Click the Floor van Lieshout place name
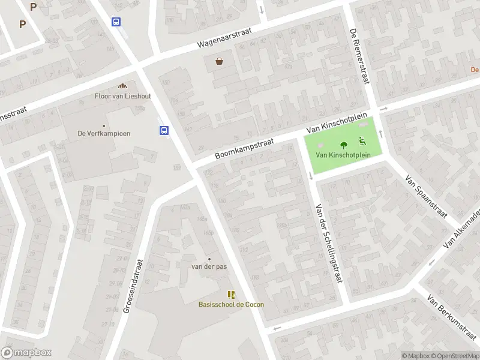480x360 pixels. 123,96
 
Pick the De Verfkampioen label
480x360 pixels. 104,133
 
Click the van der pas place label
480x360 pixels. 209,266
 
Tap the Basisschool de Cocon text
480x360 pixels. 231,304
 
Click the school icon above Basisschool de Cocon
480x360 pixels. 231,294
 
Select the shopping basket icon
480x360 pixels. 220,61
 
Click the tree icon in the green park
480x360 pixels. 344,145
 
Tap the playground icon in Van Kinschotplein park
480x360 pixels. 362,142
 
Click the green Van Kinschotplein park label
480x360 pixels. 343,155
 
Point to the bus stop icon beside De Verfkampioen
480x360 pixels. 163,130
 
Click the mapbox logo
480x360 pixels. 26,353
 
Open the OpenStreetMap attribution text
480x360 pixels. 456,356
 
